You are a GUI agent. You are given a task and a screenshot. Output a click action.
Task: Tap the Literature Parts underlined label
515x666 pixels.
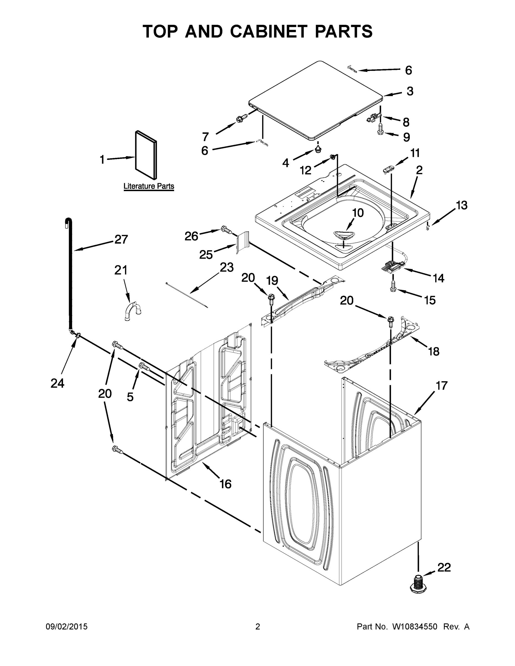[149, 186]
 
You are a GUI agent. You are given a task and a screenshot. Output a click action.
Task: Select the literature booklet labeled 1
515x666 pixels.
[146, 155]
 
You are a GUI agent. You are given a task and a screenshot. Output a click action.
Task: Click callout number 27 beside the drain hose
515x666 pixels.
[121, 239]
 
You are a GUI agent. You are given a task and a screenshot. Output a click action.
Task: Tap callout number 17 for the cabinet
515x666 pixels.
[441, 386]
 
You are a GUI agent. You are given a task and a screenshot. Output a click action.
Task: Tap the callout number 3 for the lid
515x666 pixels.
[410, 91]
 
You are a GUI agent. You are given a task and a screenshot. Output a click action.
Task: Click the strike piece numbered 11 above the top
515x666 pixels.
[388, 169]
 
